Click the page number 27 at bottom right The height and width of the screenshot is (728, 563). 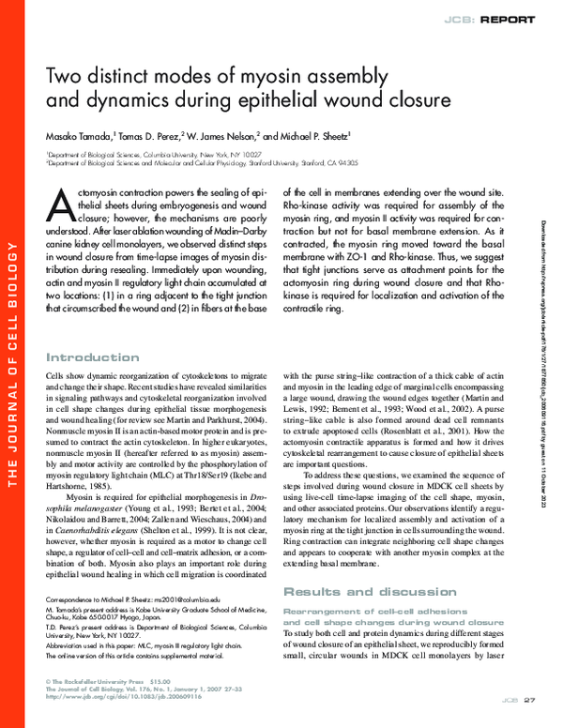click(x=528, y=700)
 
